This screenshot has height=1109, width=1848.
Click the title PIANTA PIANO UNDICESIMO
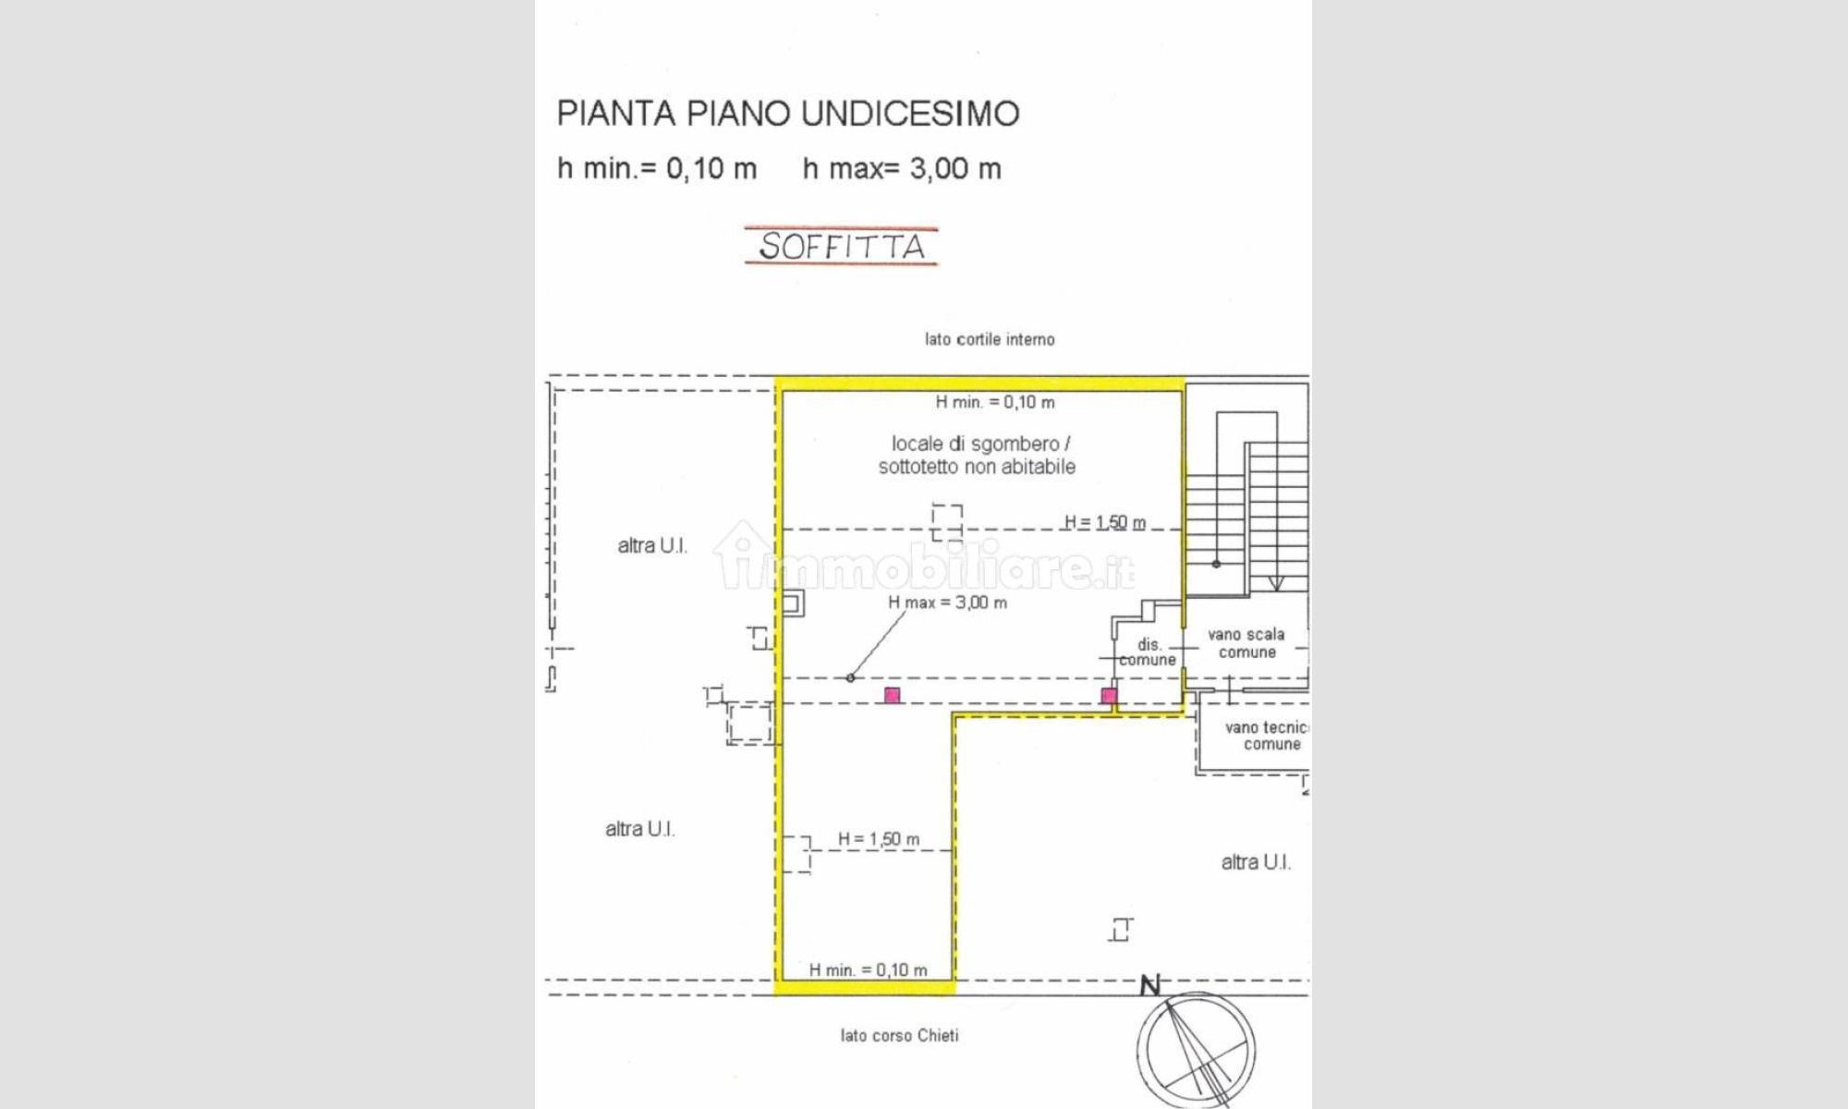pos(788,114)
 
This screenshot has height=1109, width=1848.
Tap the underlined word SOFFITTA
pos(842,247)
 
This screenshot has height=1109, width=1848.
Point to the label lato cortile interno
pos(990,339)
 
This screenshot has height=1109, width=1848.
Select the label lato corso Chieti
pos(899,1035)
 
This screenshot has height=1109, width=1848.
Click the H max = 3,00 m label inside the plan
pos(947,603)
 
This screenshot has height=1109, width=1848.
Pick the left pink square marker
pos(892,695)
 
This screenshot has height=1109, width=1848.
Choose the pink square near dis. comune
pos(1109,695)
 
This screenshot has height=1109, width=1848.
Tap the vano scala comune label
pos(1246,643)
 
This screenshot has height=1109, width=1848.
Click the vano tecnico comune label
pos(1267,736)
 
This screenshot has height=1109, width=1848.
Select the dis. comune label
pos(1148,652)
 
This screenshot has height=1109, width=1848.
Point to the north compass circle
pos(1196,1051)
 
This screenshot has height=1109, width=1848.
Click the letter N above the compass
pos(1150,986)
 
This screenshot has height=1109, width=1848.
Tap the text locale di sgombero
pos(975,444)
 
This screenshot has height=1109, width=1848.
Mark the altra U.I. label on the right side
pos(1256,862)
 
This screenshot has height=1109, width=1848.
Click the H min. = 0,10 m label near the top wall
pos(995,402)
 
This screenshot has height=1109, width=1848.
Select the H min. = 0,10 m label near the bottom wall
pos(868,969)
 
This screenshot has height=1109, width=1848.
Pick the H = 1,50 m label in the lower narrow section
pos(878,839)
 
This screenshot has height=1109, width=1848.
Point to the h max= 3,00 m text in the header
pos(902,169)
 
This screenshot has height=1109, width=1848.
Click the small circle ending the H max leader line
pos(850,678)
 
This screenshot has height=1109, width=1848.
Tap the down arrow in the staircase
pos(1276,582)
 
